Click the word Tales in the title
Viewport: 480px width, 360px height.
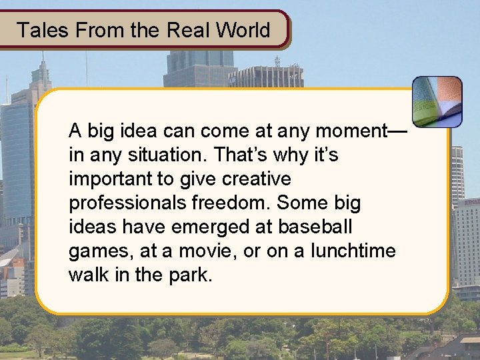(38, 30)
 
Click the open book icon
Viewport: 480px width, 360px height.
(437, 101)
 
